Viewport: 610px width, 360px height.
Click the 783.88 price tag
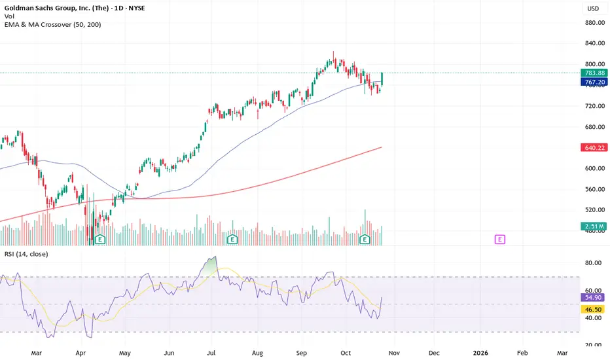(x=593, y=73)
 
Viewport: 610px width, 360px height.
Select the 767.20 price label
(x=593, y=82)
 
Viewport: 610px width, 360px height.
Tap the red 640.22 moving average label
(x=593, y=148)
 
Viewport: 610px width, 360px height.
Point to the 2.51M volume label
(x=593, y=226)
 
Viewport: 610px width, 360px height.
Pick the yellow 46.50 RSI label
(x=593, y=306)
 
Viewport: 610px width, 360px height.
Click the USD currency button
(x=592, y=9)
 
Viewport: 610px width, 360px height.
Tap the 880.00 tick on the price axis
(x=593, y=22)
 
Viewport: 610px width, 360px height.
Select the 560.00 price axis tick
(x=593, y=189)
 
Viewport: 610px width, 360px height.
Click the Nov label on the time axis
(x=394, y=352)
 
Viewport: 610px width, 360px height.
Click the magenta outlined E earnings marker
(x=500, y=240)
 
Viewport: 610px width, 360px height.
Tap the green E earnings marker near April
(x=101, y=240)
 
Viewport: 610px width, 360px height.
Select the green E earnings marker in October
(x=365, y=240)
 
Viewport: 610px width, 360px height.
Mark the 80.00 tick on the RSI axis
(x=593, y=263)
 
